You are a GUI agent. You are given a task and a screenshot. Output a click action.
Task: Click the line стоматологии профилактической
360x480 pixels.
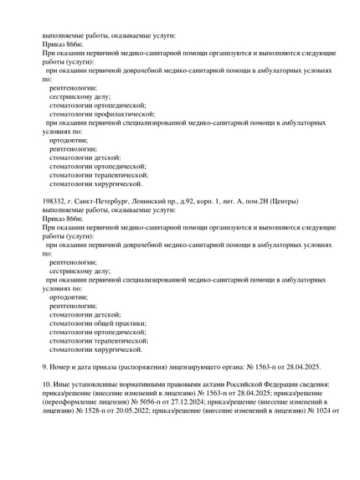[99, 113]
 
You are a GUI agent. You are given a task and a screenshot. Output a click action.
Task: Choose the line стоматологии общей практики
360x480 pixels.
[97, 323]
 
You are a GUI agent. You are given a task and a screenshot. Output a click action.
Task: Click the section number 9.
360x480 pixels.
[45, 367]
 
